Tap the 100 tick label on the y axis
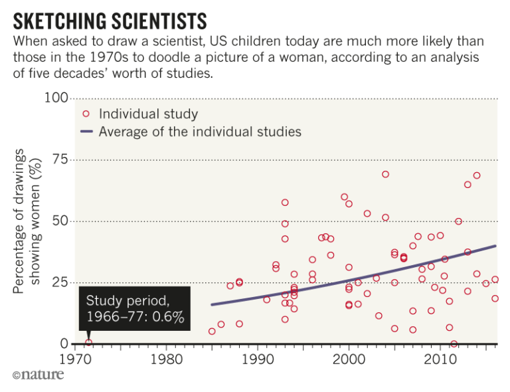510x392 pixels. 56,98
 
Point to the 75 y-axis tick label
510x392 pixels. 60,159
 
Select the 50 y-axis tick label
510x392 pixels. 60,221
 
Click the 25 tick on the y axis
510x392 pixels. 60,282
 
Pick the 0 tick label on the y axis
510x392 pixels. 64,343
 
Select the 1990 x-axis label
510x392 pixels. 258,359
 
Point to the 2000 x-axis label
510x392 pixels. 349,359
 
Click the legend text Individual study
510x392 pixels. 148,114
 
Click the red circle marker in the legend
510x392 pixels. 86,114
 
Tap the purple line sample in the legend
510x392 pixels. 86,132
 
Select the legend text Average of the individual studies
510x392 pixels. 200,132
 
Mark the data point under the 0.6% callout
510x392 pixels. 88,343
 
